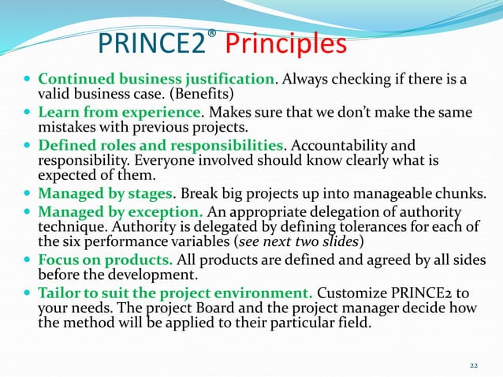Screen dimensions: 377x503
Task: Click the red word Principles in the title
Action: point(285,45)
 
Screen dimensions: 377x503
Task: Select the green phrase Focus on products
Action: point(99,259)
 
